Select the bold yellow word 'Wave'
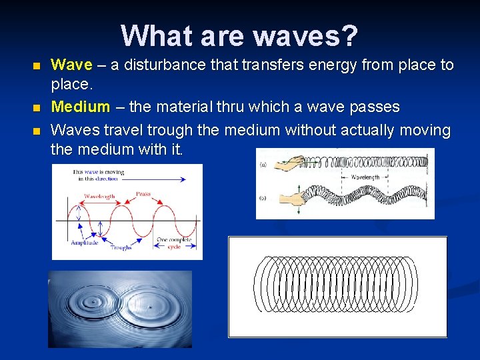[x=72, y=65]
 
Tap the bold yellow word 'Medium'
[x=80, y=107]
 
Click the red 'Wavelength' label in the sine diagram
[x=100, y=197]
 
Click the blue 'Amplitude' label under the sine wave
[x=85, y=243]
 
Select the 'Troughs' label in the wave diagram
[x=121, y=248]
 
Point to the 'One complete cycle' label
[x=175, y=243]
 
